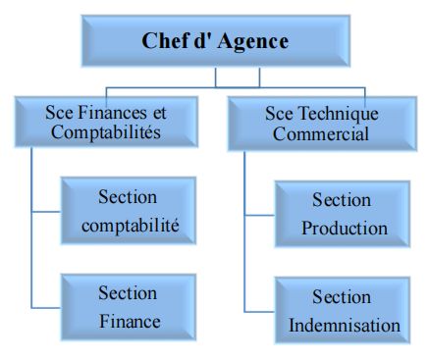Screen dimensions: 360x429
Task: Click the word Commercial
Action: pos(321,133)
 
